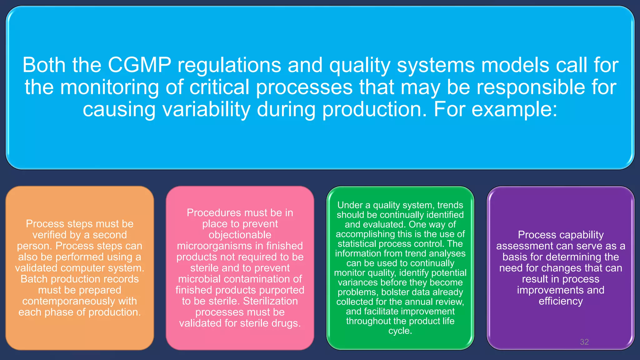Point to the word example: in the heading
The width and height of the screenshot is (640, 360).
[x=514, y=109]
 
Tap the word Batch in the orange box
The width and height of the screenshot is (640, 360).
[x=34, y=279]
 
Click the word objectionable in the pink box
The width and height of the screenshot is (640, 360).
[x=240, y=235]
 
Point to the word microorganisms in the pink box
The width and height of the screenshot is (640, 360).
[x=215, y=246]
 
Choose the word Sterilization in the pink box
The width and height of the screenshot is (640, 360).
[x=270, y=301]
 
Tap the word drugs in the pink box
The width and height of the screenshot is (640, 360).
[x=285, y=323]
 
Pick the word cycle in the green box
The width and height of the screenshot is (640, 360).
[x=399, y=331]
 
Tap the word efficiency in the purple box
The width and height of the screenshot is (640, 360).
[x=561, y=301]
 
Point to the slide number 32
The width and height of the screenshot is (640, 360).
[x=584, y=342]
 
